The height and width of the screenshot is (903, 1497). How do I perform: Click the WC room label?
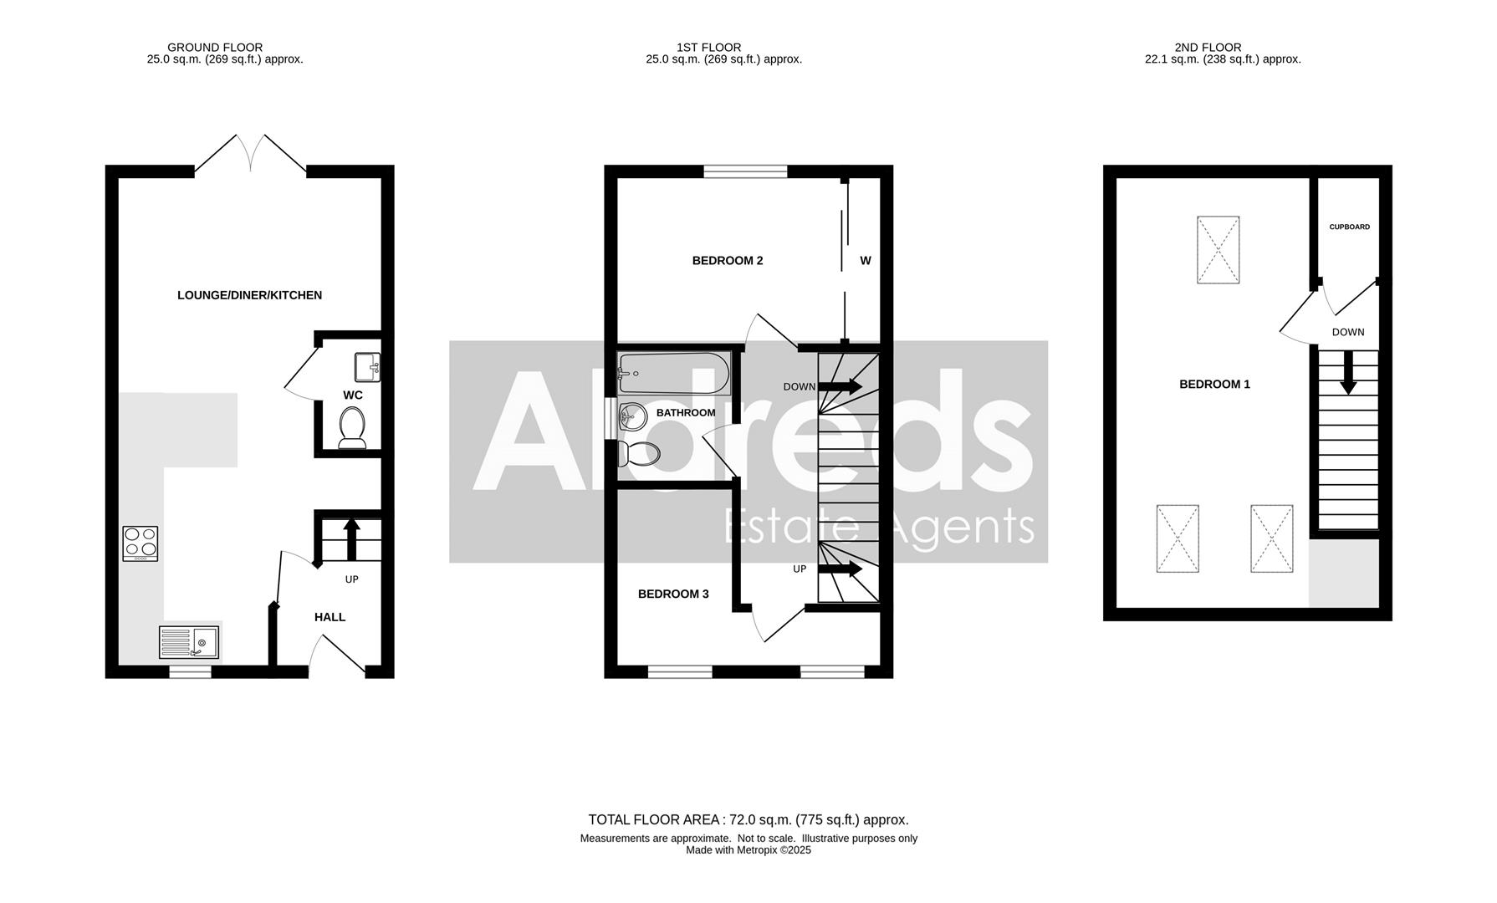click(353, 395)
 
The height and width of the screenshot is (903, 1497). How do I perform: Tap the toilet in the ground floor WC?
click(352, 427)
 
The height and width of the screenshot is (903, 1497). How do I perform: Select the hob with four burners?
click(140, 543)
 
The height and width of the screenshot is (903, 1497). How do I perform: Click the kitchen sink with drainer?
click(189, 642)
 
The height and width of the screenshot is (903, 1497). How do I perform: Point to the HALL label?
click(330, 617)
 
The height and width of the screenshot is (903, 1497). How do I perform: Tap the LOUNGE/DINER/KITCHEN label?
click(249, 295)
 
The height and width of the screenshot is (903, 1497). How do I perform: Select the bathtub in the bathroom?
click(674, 373)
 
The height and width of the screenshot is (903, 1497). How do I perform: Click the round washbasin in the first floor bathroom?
click(632, 416)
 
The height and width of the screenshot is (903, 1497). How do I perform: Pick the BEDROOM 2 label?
click(728, 261)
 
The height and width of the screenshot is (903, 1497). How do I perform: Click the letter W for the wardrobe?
click(866, 261)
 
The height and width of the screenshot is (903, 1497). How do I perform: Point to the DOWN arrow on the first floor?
click(840, 386)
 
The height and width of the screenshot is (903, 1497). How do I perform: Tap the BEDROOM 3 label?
click(673, 594)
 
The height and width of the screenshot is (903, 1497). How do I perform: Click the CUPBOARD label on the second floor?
click(1350, 227)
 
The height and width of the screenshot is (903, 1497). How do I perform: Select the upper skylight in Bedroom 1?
click(1218, 250)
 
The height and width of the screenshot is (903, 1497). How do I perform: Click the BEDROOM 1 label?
click(1214, 385)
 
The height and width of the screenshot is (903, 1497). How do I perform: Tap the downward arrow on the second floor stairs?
click(1348, 373)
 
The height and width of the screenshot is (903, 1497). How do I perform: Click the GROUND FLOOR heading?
click(215, 48)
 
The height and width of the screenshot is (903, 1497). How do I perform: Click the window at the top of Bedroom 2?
click(745, 171)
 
